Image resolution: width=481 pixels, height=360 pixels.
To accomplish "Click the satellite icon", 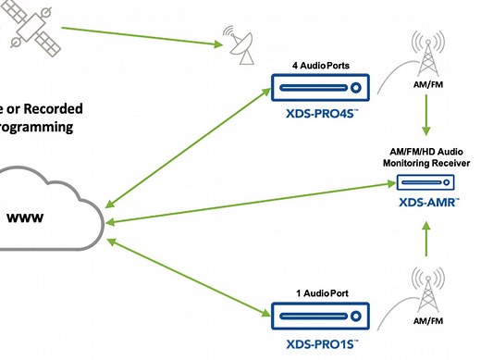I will (28, 24).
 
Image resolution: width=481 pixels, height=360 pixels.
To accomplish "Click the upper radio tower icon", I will (428, 58).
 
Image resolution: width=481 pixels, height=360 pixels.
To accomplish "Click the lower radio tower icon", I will (428, 291).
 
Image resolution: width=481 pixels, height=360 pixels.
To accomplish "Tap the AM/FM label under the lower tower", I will (428, 320).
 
